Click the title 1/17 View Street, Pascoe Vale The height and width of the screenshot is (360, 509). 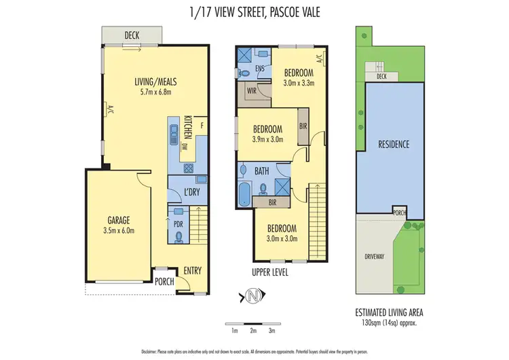254,12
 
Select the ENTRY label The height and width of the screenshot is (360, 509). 193,270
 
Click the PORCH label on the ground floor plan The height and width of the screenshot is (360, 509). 164,282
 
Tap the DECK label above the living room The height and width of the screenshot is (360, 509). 132,36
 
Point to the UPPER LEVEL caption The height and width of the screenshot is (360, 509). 269,272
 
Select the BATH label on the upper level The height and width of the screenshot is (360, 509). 262,172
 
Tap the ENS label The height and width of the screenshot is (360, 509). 259,68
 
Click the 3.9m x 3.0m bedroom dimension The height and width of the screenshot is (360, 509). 267,139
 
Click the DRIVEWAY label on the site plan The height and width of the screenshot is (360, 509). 375,257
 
